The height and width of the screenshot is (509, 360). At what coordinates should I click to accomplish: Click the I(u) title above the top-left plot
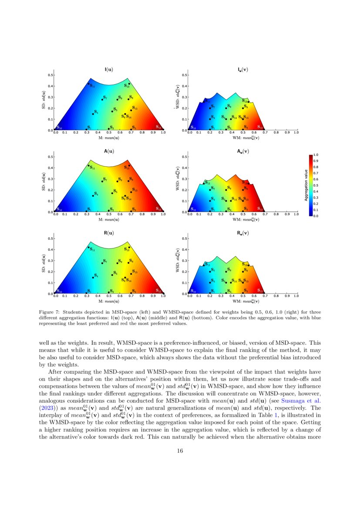coord(108,69)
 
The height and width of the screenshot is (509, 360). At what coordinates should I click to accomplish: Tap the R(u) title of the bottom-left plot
coord(108,233)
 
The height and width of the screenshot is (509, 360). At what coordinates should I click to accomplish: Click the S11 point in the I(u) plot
coord(88,84)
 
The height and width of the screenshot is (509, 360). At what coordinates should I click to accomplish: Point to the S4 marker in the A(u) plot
coord(93,196)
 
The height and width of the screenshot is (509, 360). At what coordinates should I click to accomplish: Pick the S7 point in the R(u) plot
coord(102,263)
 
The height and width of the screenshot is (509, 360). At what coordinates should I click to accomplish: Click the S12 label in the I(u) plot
coord(159,127)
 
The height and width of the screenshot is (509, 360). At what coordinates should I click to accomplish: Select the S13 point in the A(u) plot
coord(129,165)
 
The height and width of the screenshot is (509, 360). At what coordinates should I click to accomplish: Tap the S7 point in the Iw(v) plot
coord(209,108)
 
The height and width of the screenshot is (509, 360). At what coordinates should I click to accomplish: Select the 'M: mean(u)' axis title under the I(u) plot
coord(108,138)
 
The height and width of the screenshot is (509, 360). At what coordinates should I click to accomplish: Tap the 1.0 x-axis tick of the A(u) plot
coord(163,215)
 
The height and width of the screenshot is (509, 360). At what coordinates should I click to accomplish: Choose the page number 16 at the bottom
coord(180,451)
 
